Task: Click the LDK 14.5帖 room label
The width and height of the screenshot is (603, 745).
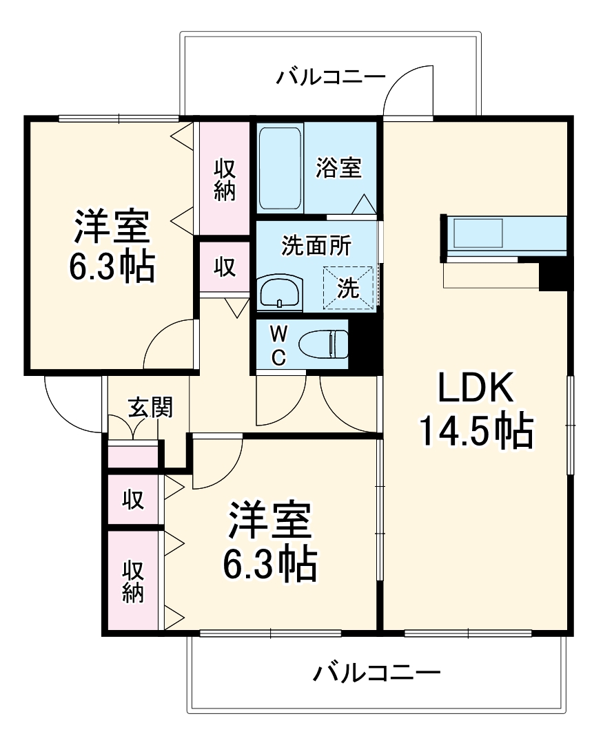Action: pyautogui.click(x=476, y=411)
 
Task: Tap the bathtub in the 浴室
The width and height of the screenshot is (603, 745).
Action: pyautogui.click(x=280, y=169)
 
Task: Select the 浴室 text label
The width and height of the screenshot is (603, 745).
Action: pyautogui.click(x=339, y=167)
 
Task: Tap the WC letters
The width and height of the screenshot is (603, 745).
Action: pyautogui.click(x=278, y=346)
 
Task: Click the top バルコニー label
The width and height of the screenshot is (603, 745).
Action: pyautogui.click(x=331, y=76)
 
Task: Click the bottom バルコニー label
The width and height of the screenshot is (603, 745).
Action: pyautogui.click(x=376, y=671)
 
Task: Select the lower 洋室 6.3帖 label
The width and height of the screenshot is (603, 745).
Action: pyautogui.click(x=269, y=541)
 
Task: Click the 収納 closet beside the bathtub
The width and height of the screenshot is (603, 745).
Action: pyautogui.click(x=225, y=179)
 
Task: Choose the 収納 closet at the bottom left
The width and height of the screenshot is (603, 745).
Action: pyautogui.click(x=134, y=581)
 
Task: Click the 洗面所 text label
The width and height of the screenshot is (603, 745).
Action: pyautogui.click(x=317, y=246)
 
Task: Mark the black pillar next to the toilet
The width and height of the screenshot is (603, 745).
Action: pyautogui.click(x=363, y=344)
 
